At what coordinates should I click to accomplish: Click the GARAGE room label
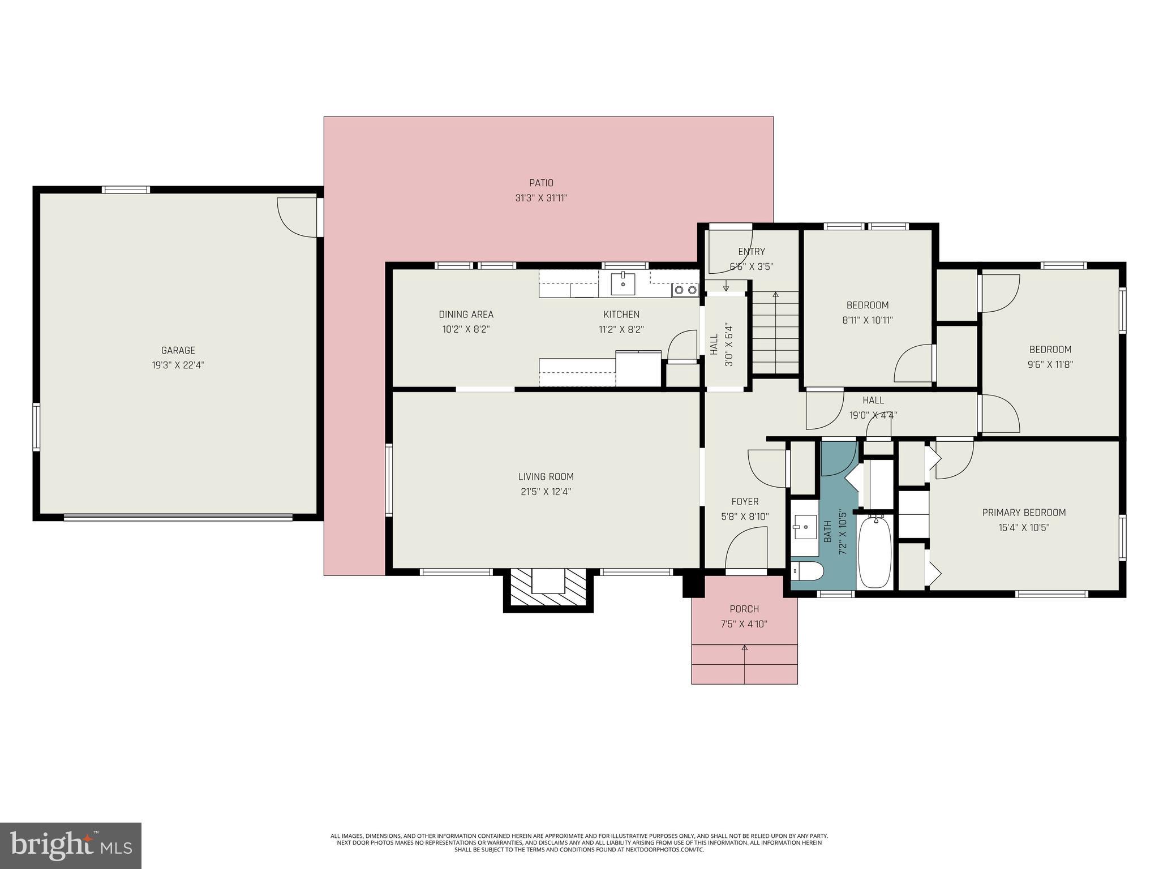(178, 350)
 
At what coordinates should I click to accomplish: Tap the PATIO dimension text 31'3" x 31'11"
(541, 198)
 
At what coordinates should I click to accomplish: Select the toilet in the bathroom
(806, 572)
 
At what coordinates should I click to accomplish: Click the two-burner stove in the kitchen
(685, 290)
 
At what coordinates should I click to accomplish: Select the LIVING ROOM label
(546, 477)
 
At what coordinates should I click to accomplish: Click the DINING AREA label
(466, 315)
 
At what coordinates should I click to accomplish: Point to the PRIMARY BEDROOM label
(1023, 513)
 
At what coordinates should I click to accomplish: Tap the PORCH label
(744, 609)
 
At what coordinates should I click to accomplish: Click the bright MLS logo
(71, 845)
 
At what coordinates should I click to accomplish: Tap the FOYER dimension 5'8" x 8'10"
(745, 517)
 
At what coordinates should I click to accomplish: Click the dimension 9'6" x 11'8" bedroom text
(1050, 365)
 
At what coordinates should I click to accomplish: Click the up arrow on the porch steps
(744, 648)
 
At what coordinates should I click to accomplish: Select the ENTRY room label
(751, 252)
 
